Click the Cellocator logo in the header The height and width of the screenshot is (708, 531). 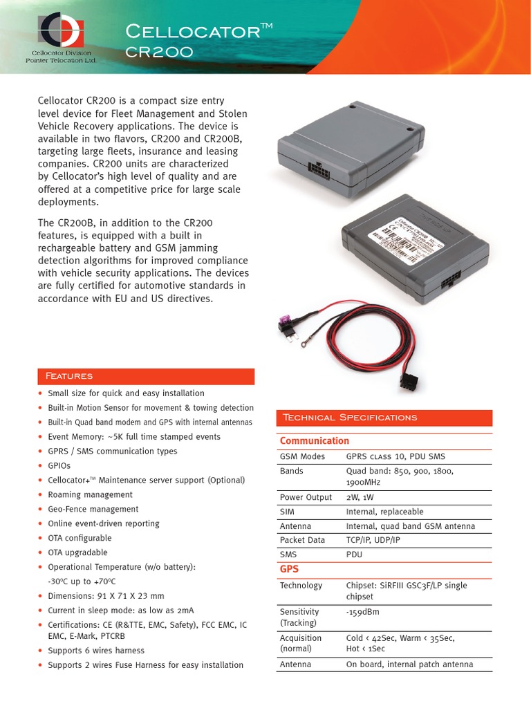pyautogui.click(x=61, y=30)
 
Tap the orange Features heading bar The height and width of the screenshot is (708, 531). pyautogui.click(x=146, y=376)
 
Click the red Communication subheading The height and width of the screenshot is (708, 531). pyautogui.click(x=315, y=441)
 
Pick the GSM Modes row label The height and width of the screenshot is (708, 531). pyautogui.click(x=302, y=456)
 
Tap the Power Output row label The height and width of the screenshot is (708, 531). pyautogui.click(x=306, y=497)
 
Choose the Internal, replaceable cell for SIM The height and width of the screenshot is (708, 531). pyautogui.click(x=384, y=512)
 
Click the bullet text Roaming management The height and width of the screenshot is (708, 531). pyautogui.click(x=90, y=495)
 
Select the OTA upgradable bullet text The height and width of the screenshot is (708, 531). pyautogui.click(x=77, y=552)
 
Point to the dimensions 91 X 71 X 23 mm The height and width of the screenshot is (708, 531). pyautogui.click(x=106, y=596)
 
